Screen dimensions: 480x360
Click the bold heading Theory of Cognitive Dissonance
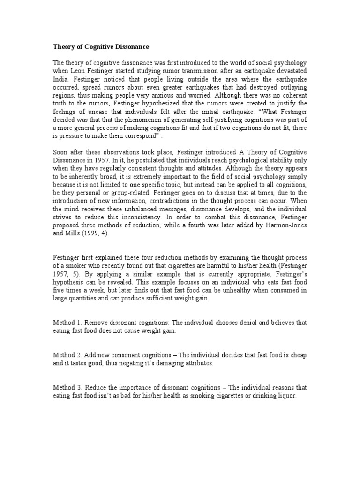(102, 47)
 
